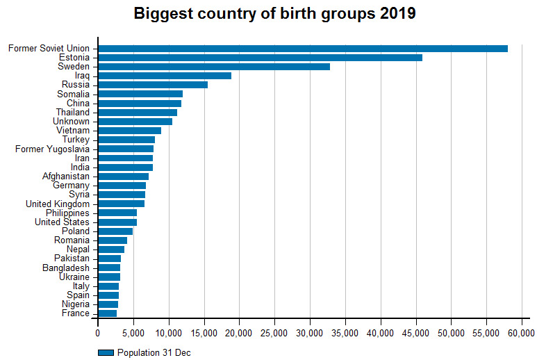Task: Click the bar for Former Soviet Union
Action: click(x=303, y=48)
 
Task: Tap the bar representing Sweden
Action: click(x=214, y=67)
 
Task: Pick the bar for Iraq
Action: click(x=165, y=76)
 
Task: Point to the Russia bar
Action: click(x=153, y=85)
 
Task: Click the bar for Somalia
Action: click(x=140, y=94)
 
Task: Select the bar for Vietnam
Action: click(x=129, y=131)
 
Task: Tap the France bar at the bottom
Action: click(x=108, y=313)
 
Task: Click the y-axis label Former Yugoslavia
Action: click(x=52, y=149)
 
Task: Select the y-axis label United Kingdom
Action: click(x=57, y=204)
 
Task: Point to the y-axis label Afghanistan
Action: click(x=65, y=177)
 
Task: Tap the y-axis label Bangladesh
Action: click(x=65, y=268)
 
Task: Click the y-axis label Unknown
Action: click(x=71, y=121)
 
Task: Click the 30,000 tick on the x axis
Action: click(x=311, y=334)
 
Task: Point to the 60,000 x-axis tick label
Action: click(x=522, y=334)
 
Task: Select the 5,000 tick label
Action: click(x=133, y=334)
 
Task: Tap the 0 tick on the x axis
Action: click(x=98, y=334)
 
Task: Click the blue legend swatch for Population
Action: click(x=106, y=352)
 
